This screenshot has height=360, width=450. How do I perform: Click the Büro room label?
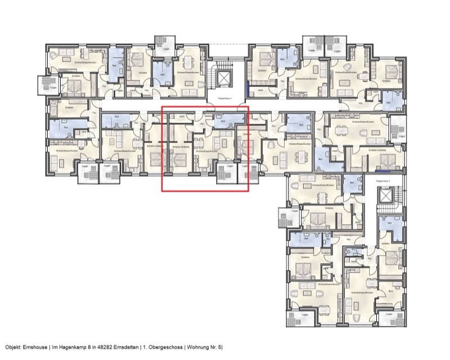(391, 292)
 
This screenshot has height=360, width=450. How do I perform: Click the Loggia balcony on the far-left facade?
(45, 84)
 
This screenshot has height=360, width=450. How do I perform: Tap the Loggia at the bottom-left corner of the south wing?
(300, 316)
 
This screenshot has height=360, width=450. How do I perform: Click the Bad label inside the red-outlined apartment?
(223, 120)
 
